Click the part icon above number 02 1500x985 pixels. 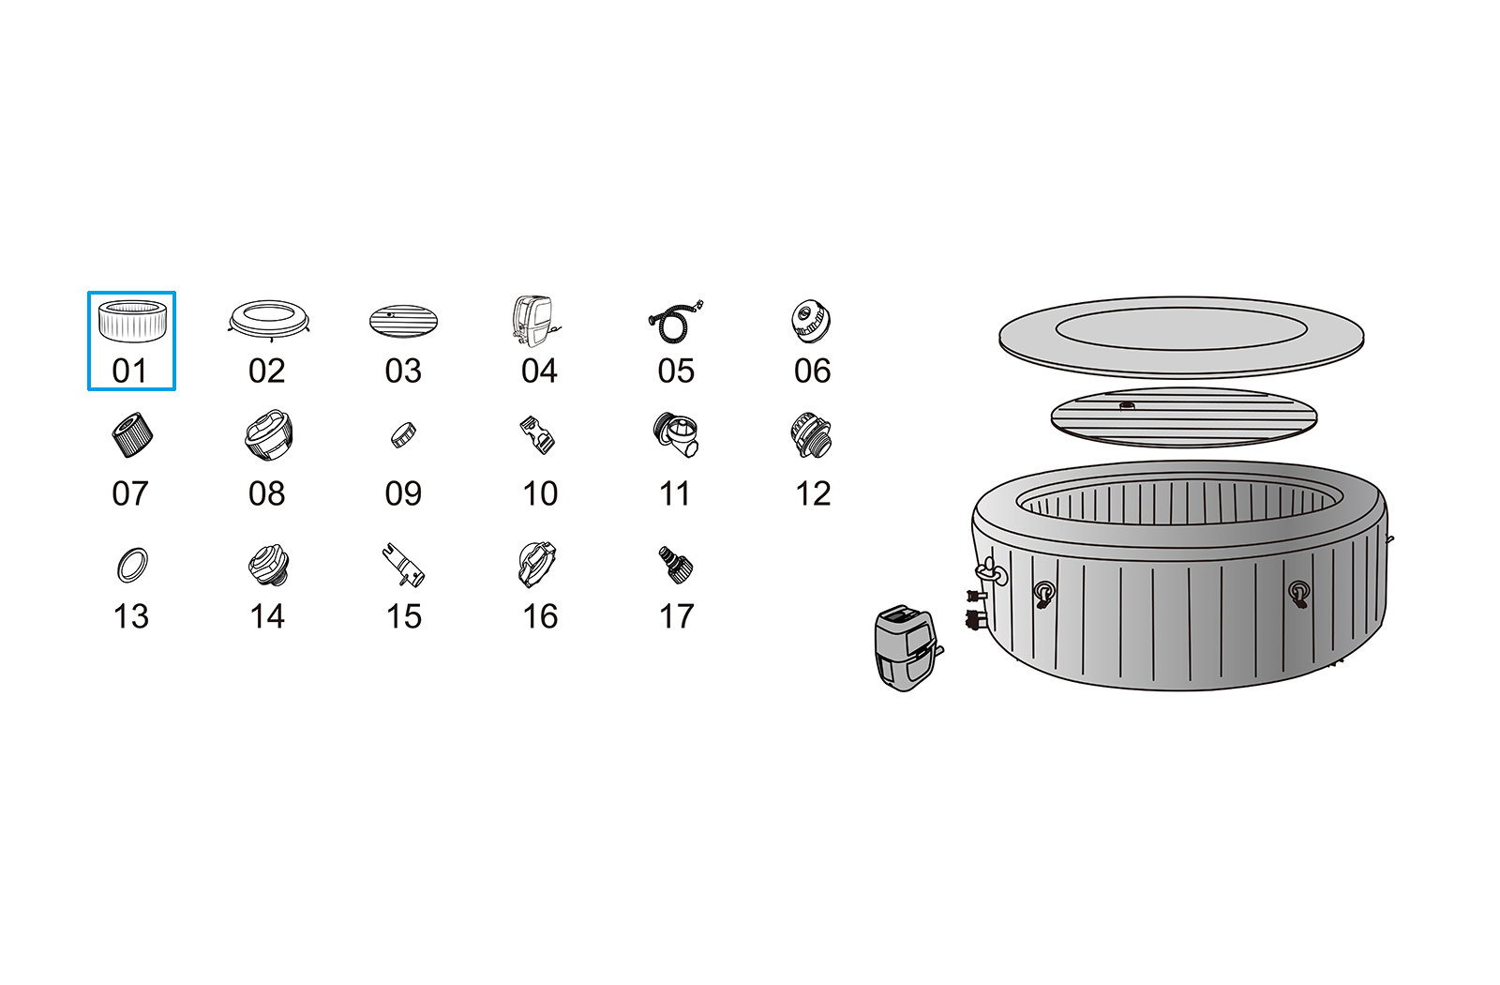(268, 320)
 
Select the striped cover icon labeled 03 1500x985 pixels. (403, 322)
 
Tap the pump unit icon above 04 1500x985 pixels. (534, 322)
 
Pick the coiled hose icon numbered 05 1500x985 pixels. (675, 322)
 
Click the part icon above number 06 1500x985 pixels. (811, 321)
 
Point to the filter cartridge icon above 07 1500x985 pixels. (132, 435)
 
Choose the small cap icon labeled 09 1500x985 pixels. (403, 435)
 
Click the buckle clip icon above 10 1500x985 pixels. (538, 435)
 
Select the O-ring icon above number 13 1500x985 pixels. (132, 565)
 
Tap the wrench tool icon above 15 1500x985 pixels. (404, 566)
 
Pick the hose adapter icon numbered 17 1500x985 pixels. (676, 565)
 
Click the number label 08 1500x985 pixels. (266, 493)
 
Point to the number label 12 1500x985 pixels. (813, 493)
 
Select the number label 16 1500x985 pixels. (540, 616)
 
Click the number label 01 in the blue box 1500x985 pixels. (129, 371)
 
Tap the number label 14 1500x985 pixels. (267, 616)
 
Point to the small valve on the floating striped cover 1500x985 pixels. (1127, 406)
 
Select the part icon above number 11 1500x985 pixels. (676, 435)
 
